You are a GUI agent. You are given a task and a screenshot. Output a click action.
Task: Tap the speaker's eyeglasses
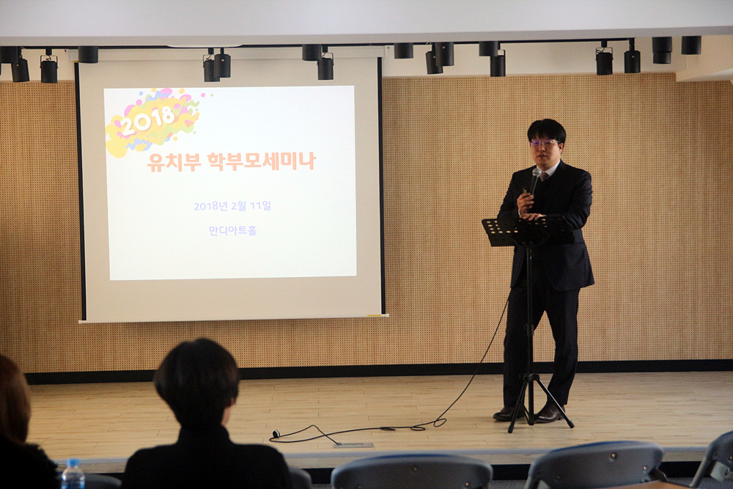click(545, 142)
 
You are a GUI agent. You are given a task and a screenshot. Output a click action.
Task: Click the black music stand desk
click(527, 231)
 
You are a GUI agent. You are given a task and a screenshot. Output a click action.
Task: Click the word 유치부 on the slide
click(174, 162)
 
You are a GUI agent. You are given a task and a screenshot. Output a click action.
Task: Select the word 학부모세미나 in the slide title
click(262, 161)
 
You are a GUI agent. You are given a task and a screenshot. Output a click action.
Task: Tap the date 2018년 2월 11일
click(232, 206)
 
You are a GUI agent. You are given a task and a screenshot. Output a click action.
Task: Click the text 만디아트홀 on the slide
click(232, 230)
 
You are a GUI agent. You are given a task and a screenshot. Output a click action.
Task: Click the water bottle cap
click(73, 462)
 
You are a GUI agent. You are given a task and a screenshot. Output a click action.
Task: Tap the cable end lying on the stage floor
click(276, 433)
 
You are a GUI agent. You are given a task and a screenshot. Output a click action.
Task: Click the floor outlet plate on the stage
click(353, 444)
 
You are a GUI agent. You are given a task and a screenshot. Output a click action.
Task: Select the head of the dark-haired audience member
click(196, 382)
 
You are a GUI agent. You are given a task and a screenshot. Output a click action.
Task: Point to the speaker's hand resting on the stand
click(531, 216)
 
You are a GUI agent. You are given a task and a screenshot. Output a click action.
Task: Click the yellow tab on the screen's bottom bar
click(375, 315)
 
